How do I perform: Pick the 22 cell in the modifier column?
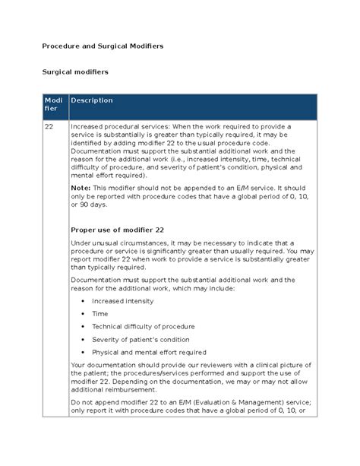coord(49,126)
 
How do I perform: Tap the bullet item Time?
coord(99,314)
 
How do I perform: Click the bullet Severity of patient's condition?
coord(141,340)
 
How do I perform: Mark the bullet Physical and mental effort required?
coord(149,353)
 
